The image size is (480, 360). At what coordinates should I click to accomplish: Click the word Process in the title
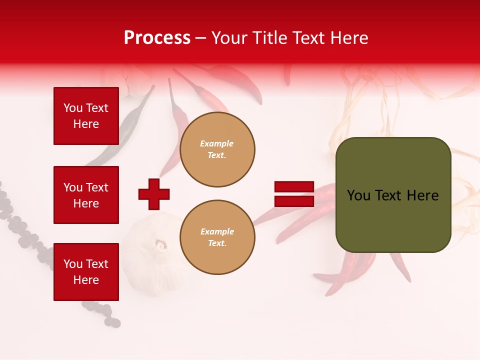157,38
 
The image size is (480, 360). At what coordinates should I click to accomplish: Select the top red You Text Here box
86,116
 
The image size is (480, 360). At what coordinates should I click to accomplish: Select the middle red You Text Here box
86,195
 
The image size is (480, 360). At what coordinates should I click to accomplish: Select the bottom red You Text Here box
86,271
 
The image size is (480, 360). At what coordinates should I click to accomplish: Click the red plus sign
154,194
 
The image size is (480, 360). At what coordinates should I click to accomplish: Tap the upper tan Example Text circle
217,149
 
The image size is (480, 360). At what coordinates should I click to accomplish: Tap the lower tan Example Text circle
217,237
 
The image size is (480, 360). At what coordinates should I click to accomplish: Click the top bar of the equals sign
294,187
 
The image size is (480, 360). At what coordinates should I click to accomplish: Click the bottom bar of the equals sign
294,201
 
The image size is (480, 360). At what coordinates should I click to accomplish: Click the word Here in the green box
422,195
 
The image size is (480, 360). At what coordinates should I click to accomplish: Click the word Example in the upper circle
217,143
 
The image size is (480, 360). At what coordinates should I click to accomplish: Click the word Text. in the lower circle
217,243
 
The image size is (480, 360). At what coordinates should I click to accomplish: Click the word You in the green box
358,195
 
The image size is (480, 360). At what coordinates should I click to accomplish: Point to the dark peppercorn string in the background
20,225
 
